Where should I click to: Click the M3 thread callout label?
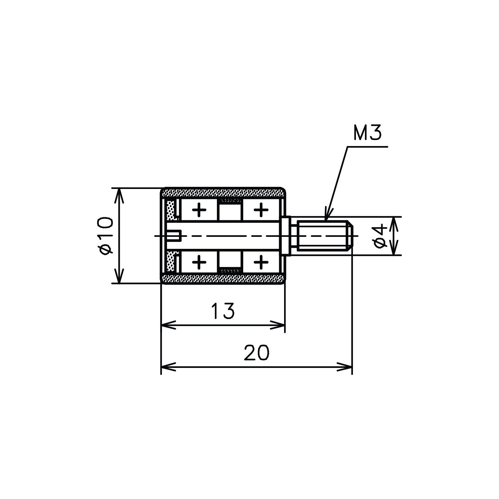click(367, 133)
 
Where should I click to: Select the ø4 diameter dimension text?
click(381, 236)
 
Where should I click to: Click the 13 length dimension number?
click(223, 310)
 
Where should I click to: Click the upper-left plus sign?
click(199, 210)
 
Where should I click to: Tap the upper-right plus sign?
click(261, 210)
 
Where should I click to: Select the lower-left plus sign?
click(199, 262)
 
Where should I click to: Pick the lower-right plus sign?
click(261, 262)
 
